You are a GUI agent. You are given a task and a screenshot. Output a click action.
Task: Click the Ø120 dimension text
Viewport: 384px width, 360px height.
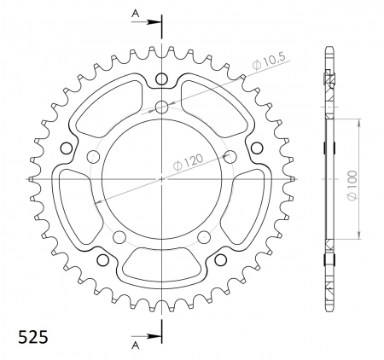[188, 162]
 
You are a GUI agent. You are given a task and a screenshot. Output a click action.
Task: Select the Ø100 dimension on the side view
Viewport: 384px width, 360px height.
[352, 185]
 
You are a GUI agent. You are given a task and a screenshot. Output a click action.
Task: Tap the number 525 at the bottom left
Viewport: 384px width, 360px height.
[33, 337]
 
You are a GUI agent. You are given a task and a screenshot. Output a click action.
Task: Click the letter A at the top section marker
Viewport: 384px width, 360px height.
[136, 13]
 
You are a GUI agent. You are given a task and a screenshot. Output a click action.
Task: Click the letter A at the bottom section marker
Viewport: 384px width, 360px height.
[136, 345]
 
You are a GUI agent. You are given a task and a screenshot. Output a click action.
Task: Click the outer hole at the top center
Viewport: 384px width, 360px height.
[161, 79]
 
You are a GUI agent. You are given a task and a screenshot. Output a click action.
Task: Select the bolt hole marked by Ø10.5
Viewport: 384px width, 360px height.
[161, 107]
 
